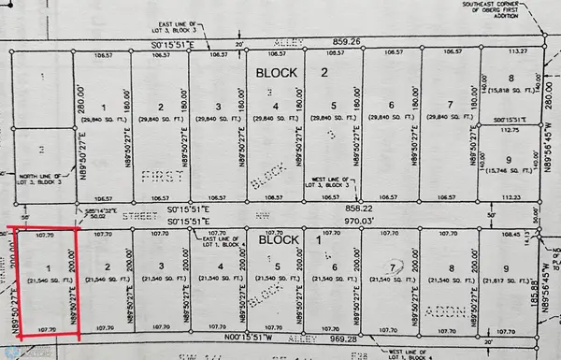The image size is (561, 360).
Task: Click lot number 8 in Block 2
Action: (511, 79)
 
